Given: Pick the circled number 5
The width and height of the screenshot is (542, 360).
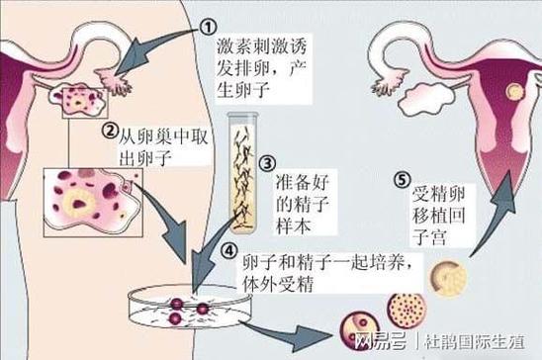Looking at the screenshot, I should (x=400, y=180).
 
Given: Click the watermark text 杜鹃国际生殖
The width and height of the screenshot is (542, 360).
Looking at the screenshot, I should (x=481, y=342).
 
